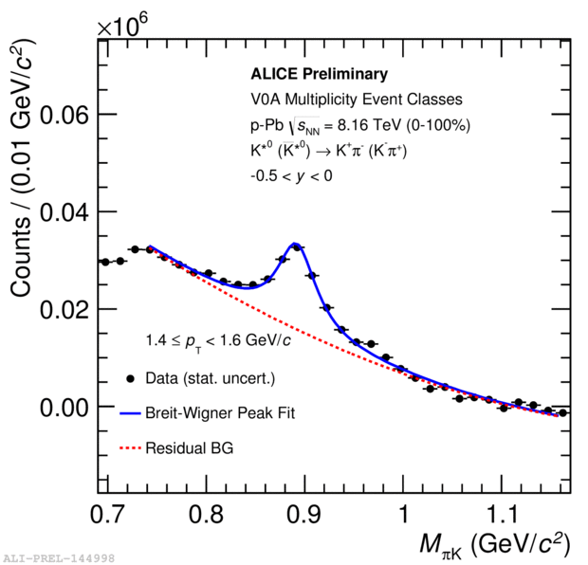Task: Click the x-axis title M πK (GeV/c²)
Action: (494, 544)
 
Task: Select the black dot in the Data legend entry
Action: (129, 379)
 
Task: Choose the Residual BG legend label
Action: (189, 447)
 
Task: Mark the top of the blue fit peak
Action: (295, 244)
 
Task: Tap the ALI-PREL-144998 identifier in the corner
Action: (59, 557)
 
